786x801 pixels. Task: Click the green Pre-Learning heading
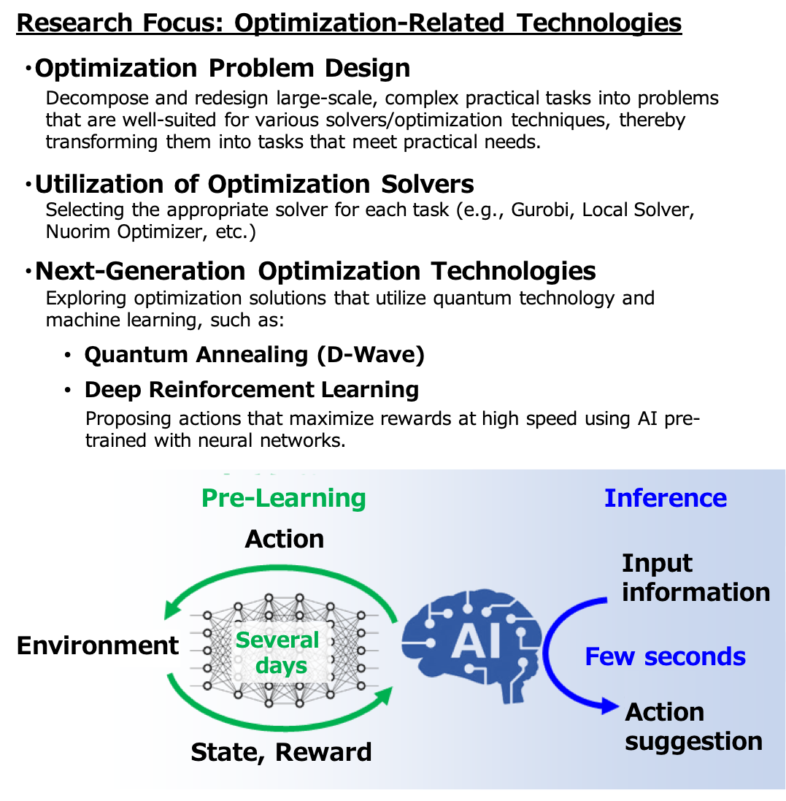(x=283, y=498)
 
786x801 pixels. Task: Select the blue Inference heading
(x=665, y=498)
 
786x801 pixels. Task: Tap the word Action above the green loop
(x=284, y=539)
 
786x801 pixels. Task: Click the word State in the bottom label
(x=222, y=752)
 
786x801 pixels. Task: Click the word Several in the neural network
(x=277, y=640)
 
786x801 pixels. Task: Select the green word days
(x=281, y=666)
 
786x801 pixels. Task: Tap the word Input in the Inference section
(x=657, y=563)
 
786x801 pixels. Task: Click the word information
(x=696, y=591)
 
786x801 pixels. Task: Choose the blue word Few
(x=609, y=656)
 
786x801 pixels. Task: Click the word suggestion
(x=693, y=741)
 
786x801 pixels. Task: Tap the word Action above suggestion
(x=664, y=712)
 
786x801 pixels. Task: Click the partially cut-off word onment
(x=131, y=645)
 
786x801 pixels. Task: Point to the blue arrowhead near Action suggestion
(x=609, y=706)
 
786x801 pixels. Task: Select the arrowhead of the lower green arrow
(x=382, y=695)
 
